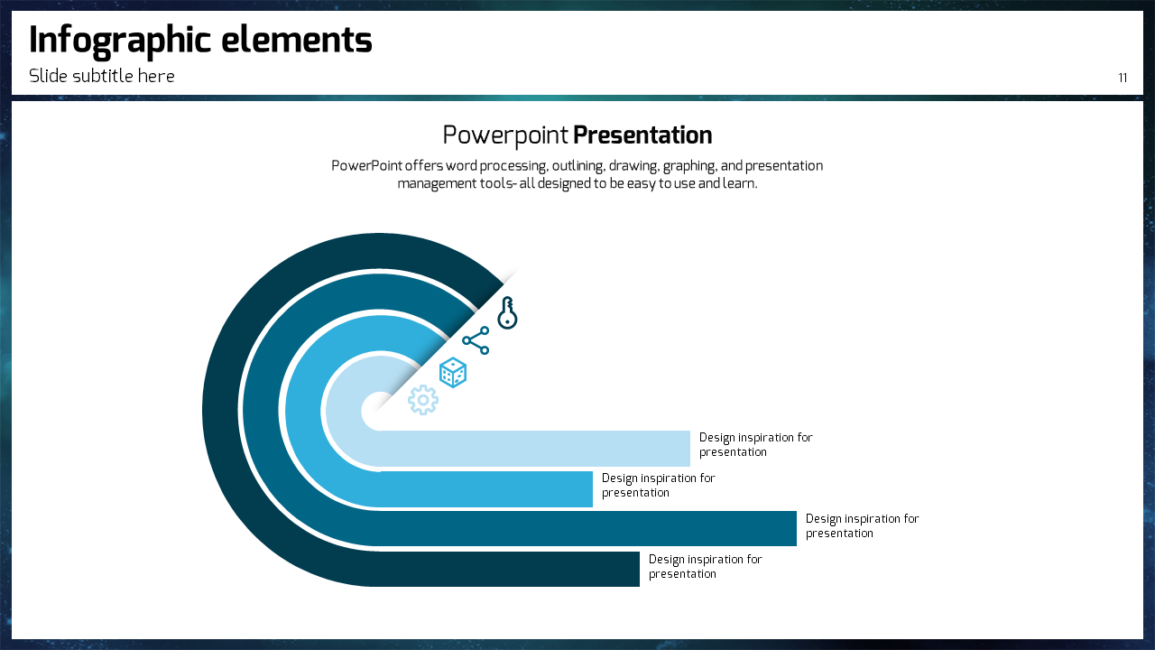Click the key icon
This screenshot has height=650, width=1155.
tap(507, 312)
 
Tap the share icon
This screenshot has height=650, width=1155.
tap(476, 340)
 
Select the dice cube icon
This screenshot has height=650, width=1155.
tap(453, 373)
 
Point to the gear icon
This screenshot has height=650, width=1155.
tap(423, 400)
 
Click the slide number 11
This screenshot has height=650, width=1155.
tap(1123, 78)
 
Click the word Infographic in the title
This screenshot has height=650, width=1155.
tap(120, 42)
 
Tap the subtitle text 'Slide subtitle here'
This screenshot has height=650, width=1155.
tap(102, 76)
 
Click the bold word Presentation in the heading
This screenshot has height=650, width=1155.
tap(642, 135)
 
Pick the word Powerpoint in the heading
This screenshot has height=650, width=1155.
tap(505, 136)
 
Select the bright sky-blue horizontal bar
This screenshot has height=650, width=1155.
tap(486, 489)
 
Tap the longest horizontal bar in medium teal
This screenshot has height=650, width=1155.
tap(587, 528)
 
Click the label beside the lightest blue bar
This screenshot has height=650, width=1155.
tap(755, 445)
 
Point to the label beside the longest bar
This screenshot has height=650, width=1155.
tap(862, 526)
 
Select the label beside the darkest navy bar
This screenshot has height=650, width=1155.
tap(705, 566)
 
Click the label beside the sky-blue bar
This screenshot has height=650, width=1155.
tap(658, 486)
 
